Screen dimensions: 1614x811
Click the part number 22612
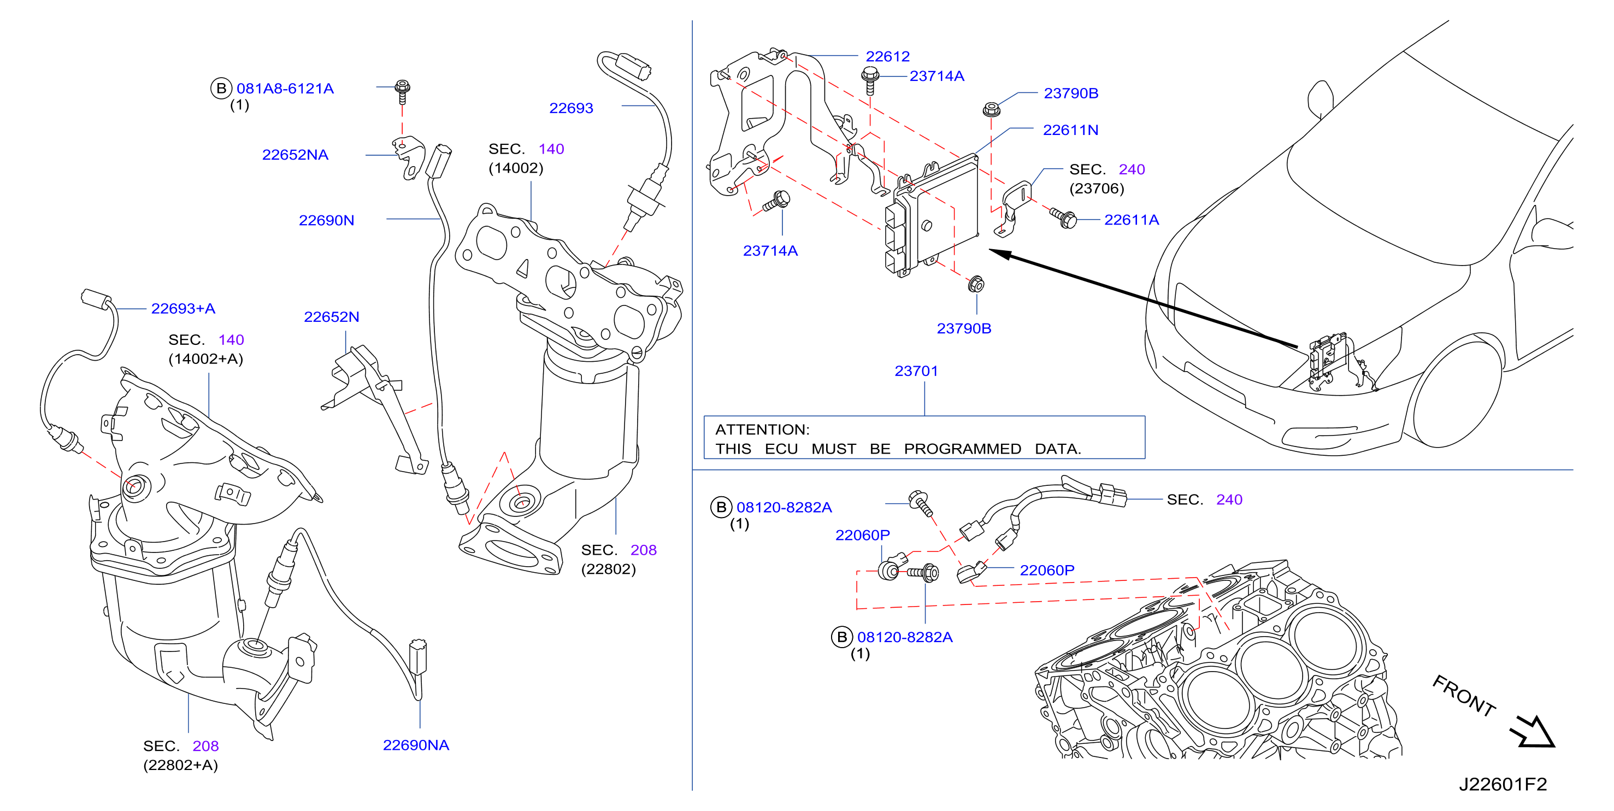pos(887,56)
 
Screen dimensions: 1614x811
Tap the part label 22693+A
pos(183,308)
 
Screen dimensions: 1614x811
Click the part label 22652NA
pos(294,155)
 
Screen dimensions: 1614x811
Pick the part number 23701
pos(916,371)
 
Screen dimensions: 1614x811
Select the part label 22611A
pos(1131,220)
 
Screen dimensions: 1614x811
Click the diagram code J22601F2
pos(1503,784)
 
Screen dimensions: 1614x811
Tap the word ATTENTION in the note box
pos(762,430)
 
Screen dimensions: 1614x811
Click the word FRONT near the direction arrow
pos(1464,695)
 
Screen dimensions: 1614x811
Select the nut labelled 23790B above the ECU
pos(991,109)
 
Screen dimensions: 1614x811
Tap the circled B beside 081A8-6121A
pos(221,89)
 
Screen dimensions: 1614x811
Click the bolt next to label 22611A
pos(1063,218)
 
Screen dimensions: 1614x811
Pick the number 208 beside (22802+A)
pos(205,746)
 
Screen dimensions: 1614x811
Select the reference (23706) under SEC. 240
pos(1097,189)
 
